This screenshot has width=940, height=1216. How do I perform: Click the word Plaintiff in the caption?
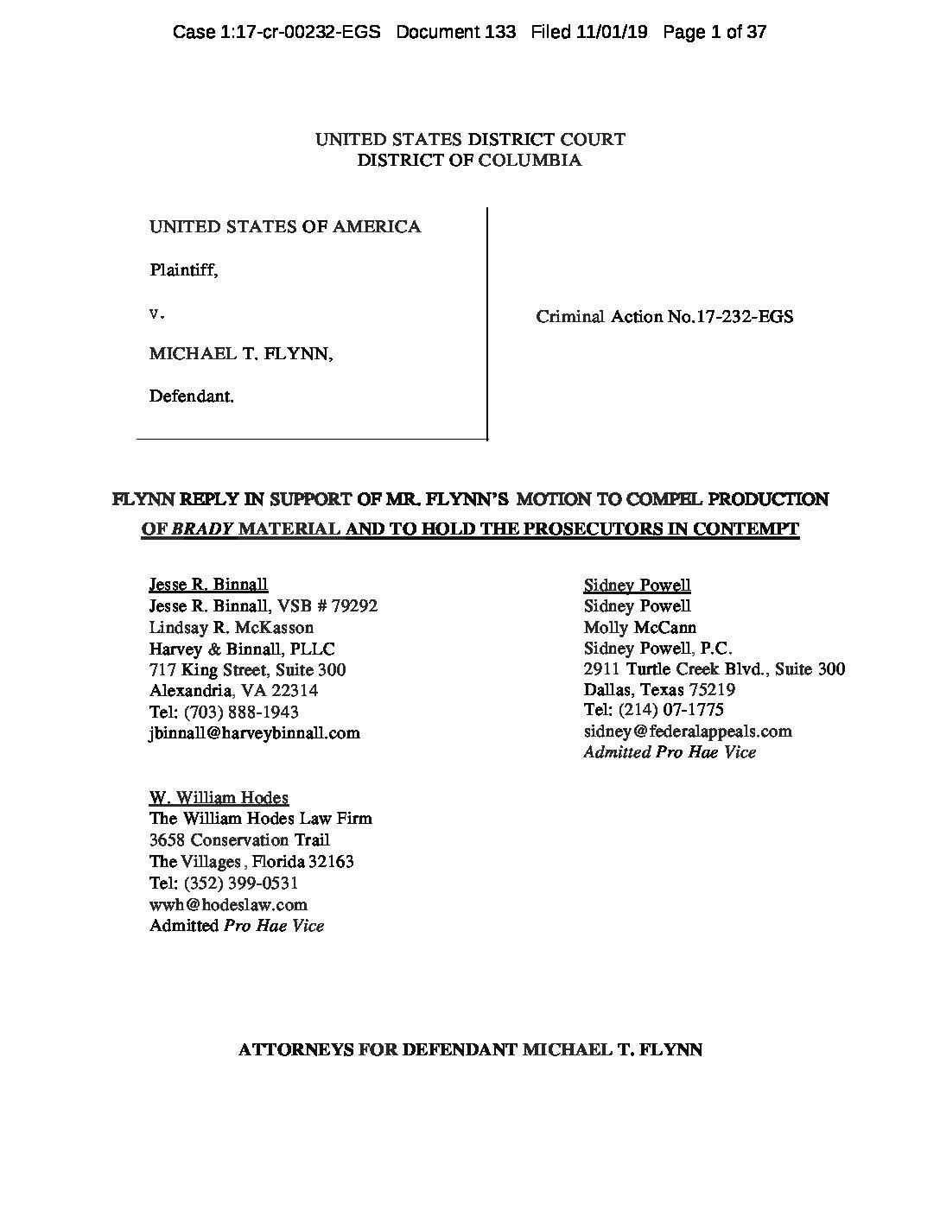[x=182, y=269]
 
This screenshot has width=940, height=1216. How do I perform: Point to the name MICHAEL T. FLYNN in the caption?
[x=241, y=354]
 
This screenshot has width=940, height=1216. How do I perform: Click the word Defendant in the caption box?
[x=191, y=396]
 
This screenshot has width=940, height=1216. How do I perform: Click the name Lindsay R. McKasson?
[x=232, y=627]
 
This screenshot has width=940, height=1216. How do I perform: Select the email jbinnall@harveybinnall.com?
[x=255, y=733]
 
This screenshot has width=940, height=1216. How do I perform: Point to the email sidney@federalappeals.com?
[x=688, y=731]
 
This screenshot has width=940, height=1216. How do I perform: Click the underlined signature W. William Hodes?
[x=219, y=798]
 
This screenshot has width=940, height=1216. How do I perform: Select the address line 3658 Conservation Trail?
[x=239, y=840]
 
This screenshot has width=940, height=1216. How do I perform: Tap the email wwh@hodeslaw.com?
[x=228, y=905]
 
